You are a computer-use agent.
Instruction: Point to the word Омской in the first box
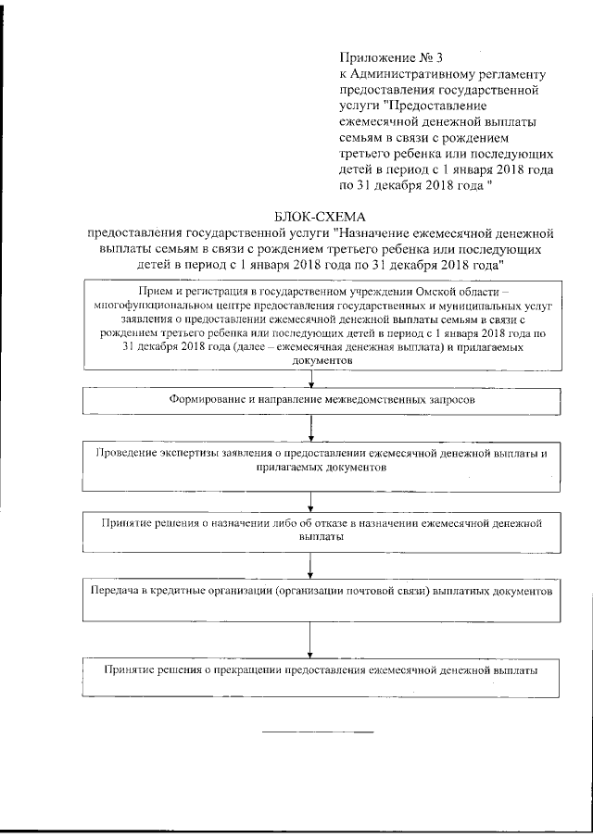[449, 290]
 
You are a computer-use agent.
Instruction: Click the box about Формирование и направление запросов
[322, 400]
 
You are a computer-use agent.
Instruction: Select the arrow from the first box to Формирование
[311, 378]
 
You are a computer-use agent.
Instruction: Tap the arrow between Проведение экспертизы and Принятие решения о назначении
[311, 498]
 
